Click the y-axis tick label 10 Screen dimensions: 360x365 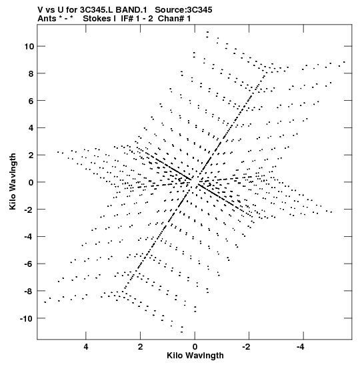tap(29, 47)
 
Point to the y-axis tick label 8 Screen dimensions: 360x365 tap(31, 73)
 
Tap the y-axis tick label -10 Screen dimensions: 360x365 tap(27, 318)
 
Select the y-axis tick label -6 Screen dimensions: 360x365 tap(29, 264)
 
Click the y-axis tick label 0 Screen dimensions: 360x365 tap(31, 182)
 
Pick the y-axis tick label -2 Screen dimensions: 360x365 tap(29, 210)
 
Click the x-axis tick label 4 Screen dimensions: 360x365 tap(86, 347)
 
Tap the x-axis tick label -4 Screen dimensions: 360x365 tap(301, 347)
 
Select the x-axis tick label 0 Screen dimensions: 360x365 tap(195, 347)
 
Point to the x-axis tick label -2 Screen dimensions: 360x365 tap(247, 347)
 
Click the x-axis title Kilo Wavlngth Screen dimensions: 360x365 tap(195, 356)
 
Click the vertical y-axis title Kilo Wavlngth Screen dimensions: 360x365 tap(13, 181)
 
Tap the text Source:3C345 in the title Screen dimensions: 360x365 tap(183, 10)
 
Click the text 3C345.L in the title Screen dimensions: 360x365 tap(97, 10)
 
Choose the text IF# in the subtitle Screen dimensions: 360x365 tap(127, 19)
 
